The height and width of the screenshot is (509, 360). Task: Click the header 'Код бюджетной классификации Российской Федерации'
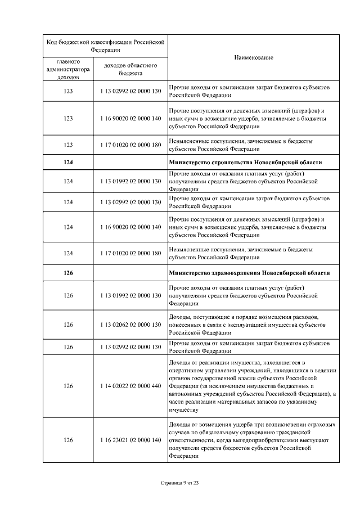pyautogui.click(x=105, y=45)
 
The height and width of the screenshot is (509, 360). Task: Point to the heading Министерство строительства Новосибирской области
pyautogui.click(x=245, y=163)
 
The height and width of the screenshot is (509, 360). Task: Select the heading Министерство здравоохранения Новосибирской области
pyautogui.click(x=249, y=273)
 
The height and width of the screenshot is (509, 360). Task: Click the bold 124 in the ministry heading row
pyautogui.click(x=68, y=163)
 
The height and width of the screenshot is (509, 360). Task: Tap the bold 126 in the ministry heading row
pyautogui.click(x=68, y=273)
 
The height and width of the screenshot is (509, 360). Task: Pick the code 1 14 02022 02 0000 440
pyautogui.click(x=130, y=386)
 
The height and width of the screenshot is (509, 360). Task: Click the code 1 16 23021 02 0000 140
pyautogui.click(x=130, y=440)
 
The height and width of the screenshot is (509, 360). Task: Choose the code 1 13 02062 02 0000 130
pyautogui.click(x=130, y=325)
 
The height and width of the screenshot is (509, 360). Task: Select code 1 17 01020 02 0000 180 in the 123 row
pyautogui.click(x=130, y=145)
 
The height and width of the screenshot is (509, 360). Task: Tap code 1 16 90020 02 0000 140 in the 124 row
pyautogui.click(x=130, y=227)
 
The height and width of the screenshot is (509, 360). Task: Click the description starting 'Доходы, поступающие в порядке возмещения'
pyautogui.click(x=247, y=325)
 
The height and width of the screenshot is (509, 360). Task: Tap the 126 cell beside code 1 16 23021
pyautogui.click(x=68, y=440)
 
